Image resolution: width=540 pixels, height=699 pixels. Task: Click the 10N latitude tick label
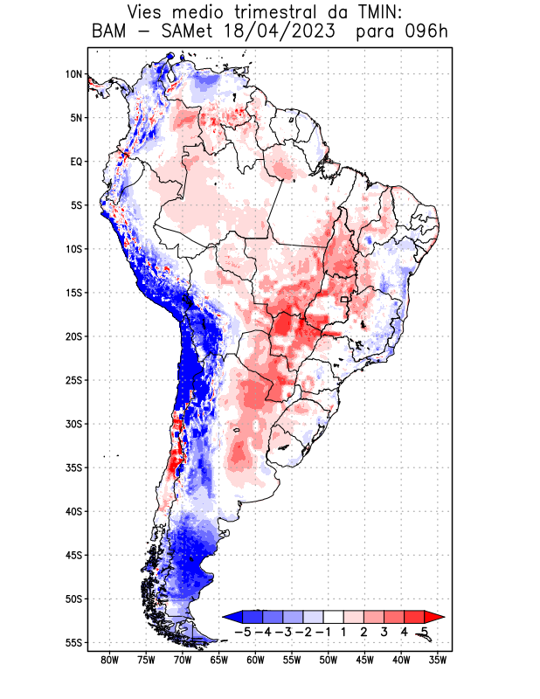tap(73, 74)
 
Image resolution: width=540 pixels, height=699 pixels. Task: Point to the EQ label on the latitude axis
tap(75, 162)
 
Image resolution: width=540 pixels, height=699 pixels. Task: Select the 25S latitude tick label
tap(73, 380)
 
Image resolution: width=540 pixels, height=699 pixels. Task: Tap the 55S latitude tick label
tap(73, 642)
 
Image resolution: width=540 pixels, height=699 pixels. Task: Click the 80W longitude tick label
tap(110, 661)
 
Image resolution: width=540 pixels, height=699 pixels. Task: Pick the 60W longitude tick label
tap(255, 661)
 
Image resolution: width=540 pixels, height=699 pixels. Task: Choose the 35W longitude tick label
tap(437, 661)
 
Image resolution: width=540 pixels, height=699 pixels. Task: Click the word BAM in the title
tap(111, 32)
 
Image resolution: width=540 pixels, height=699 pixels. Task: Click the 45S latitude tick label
tap(73, 555)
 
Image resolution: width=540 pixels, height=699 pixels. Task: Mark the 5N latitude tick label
tap(75, 118)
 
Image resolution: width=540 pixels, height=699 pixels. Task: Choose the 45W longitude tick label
tap(364, 661)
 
